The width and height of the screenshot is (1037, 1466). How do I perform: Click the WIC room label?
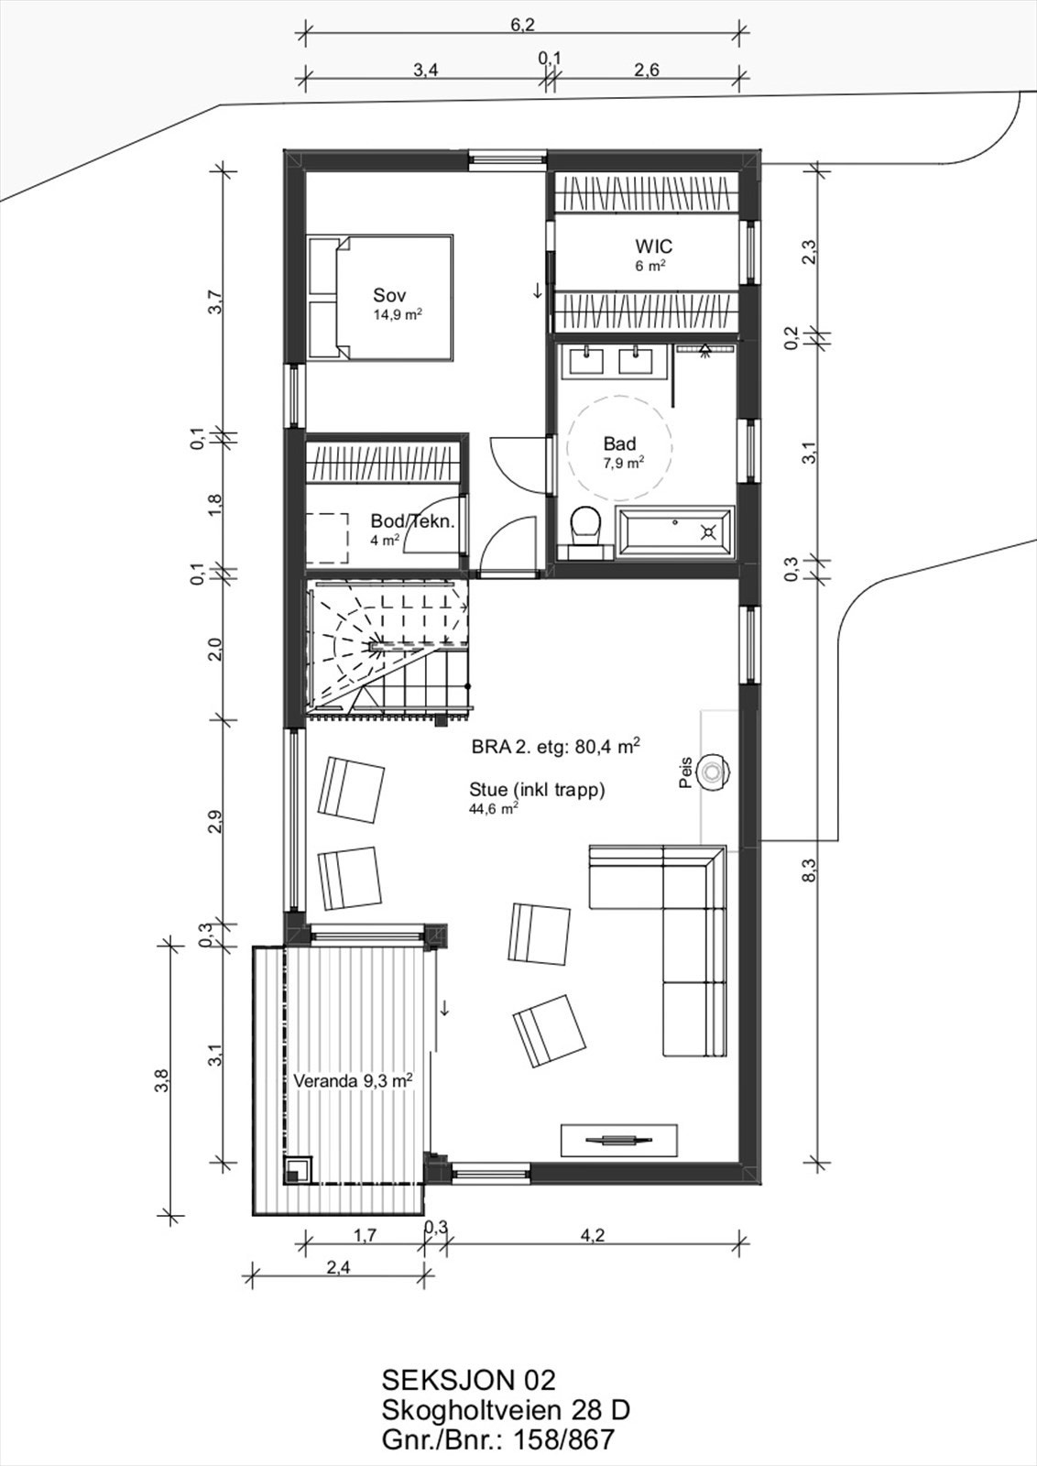(x=653, y=246)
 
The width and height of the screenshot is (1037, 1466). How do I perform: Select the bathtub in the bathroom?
(x=674, y=532)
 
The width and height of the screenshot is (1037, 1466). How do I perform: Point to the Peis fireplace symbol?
(x=712, y=771)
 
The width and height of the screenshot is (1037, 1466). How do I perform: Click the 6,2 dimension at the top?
(x=522, y=26)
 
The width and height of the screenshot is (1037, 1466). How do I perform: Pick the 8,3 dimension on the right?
(x=809, y=870)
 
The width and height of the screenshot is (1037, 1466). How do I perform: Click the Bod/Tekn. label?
(x=412, y=521)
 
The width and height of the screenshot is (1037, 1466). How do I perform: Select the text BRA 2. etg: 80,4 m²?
(x=555, y=747)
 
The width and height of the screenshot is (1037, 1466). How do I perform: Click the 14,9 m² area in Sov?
(x=398, y=314)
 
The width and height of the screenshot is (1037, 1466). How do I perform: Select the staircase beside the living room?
(x=388, y=650)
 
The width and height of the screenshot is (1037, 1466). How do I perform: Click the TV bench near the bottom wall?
(x=619, y=1140)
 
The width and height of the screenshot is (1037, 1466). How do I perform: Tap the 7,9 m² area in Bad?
(x=623, y=464)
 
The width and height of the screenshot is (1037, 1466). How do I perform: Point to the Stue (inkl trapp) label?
(x=537, y=790)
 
